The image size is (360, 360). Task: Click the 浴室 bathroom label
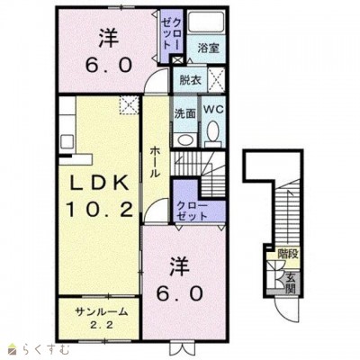pos(208,49)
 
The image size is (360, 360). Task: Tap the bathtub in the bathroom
pos(207,22)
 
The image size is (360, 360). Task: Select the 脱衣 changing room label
pos(190,80)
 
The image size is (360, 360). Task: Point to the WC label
pos(213,110)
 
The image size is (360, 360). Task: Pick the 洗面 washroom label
pos(185,113)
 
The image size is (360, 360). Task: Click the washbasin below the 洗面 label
pos(184,139)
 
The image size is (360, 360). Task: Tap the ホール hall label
pos(155,162)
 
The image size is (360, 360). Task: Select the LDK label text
pos(99,183)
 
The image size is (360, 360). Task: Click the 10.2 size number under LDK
pos(100,209)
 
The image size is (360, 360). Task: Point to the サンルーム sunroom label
pos(101,312)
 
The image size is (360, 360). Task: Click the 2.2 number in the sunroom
pos(103,325)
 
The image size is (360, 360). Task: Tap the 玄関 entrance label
pos(290,283)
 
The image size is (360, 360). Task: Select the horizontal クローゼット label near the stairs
pos(192,211)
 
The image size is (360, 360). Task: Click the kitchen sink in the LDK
pos(67,141)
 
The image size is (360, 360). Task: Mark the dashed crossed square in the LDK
pos(130,105)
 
